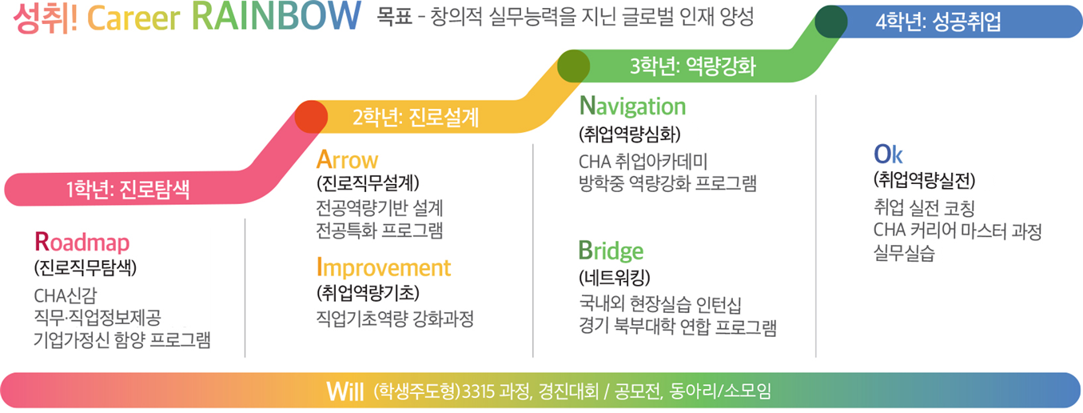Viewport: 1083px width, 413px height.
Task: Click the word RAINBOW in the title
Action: pyautogui.click(x=277, y=17)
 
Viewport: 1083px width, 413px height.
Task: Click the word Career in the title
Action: pyautogui.click(x=133, y=18)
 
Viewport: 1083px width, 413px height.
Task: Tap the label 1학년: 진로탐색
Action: pyautogui.click(x=128, y=189)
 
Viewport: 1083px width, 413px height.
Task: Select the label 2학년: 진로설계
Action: pyautogui.click(x=416, y=117)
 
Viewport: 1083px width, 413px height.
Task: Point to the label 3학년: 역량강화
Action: pyautogui.click(x=692, y=66)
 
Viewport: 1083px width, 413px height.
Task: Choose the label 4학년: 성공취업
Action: pyautogui.click(x=938, y=22)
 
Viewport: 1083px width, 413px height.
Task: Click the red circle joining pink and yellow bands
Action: pyautogui.click(x=312, y=117)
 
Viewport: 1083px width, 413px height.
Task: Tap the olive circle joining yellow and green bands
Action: pyautogui.click(x=573, y=66)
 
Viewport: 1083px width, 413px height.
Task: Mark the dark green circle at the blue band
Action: pyautogui.click(x=831, y=22)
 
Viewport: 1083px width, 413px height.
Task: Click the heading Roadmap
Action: pyautogui.click(x=82, y=242)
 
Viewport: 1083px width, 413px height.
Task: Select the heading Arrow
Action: pyautogui.click(x=347, y=159)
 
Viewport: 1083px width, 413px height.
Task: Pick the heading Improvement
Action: pyautogui.click(x=384, y=268)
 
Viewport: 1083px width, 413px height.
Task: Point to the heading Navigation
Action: pyautogui.click(x=632, y=106)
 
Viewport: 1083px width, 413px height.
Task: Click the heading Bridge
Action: pyautogui.click(x=611, y=251)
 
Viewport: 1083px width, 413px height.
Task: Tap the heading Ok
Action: pyautogui.click(x=888, y=154)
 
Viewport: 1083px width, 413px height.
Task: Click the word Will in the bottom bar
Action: pyautogui.click(x=344, y=391)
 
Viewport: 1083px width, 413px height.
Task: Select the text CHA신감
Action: pyautogui.click(x=66, y=295)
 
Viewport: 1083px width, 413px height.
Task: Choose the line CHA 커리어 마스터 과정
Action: pyautogui.click(x=958, y=231)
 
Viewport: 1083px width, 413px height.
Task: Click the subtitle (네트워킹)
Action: pyautogui.click(x=615, y=278)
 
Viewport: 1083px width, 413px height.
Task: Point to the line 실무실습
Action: pyautogui.click(x=904, y=253)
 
